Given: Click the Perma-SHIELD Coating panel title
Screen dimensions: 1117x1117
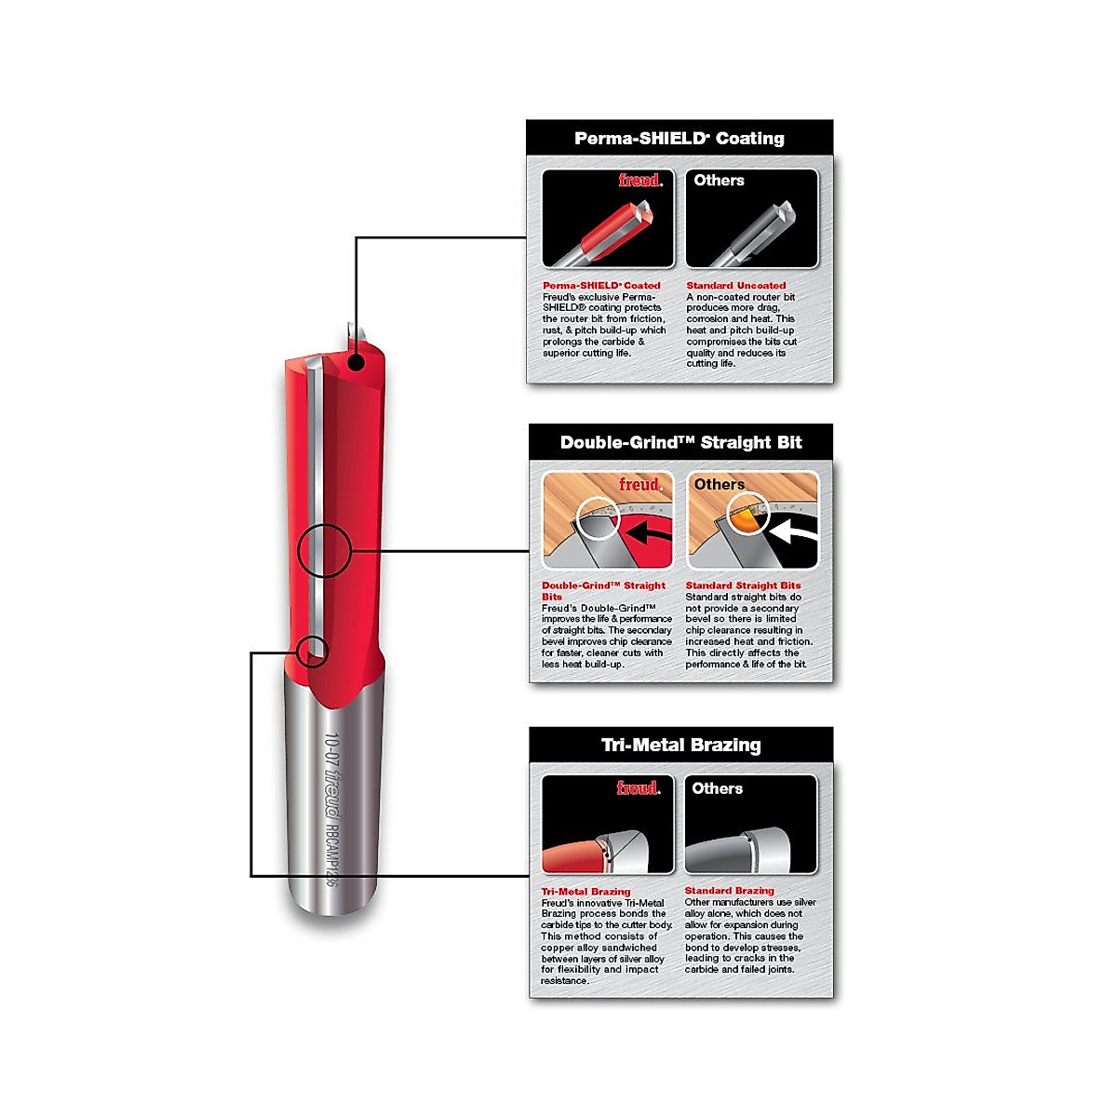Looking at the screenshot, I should [679, 139].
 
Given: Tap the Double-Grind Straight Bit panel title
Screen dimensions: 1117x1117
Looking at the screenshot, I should [680, 442].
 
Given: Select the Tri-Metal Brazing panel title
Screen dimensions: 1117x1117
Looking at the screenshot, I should [680, 745].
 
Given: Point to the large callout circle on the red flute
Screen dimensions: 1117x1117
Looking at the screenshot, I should [323, 551].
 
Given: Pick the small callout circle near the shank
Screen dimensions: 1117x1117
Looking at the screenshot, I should [314, 651].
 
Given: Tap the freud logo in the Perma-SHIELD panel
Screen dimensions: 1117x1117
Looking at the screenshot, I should [640, 181].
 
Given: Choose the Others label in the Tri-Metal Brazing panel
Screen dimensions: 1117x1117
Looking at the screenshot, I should [717, 788].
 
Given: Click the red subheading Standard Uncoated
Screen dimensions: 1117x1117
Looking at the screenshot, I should [735, 286].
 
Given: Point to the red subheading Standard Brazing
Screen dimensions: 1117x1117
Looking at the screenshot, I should [729, 891].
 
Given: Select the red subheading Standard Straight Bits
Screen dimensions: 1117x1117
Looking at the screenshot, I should [743, 585].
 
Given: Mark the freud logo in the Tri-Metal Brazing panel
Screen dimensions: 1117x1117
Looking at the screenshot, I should [638, 788].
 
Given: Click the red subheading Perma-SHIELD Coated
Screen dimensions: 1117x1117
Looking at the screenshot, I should [601, 286].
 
